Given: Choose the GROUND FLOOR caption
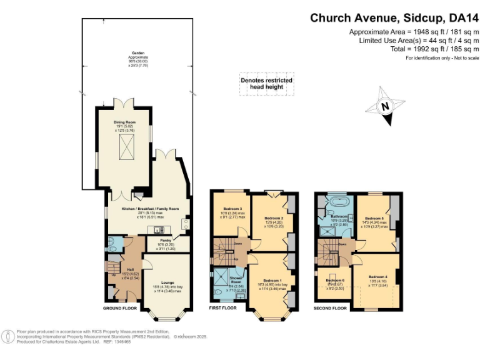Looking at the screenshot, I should click(120, 308).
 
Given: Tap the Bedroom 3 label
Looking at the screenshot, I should click(232, 209).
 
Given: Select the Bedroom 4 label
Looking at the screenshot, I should click(377, 276).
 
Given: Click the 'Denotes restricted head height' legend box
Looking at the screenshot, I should click(267, 84).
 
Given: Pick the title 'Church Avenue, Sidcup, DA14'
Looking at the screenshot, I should click(394, 18).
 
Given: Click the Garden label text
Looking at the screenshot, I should click(138, 53).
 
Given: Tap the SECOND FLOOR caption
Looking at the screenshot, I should click(331, 308).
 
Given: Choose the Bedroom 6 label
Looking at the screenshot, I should click(335, 280).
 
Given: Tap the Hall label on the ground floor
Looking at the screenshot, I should click(122, 269).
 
